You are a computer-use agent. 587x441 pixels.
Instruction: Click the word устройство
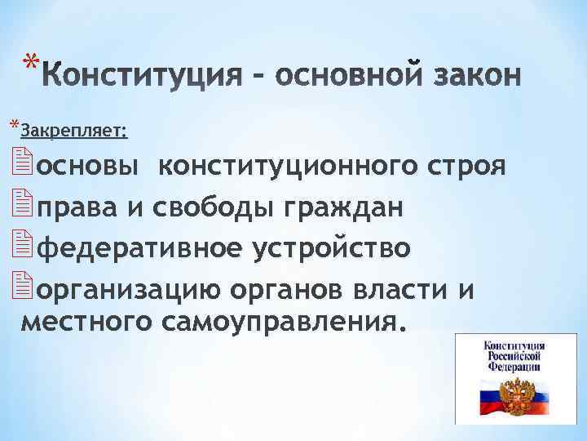[x=333, y=246]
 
